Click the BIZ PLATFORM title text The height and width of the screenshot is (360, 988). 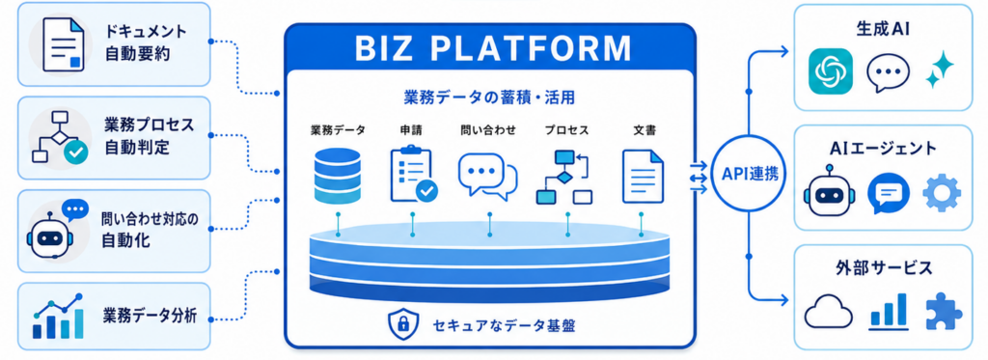(491, 49)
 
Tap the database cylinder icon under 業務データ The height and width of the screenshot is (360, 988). (337, 176)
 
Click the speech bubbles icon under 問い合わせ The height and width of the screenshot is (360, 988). (487, 176)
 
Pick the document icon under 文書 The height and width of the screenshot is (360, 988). (643, 176)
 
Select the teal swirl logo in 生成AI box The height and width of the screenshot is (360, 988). (830, 71)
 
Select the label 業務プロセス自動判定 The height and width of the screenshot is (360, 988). (150, 137)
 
